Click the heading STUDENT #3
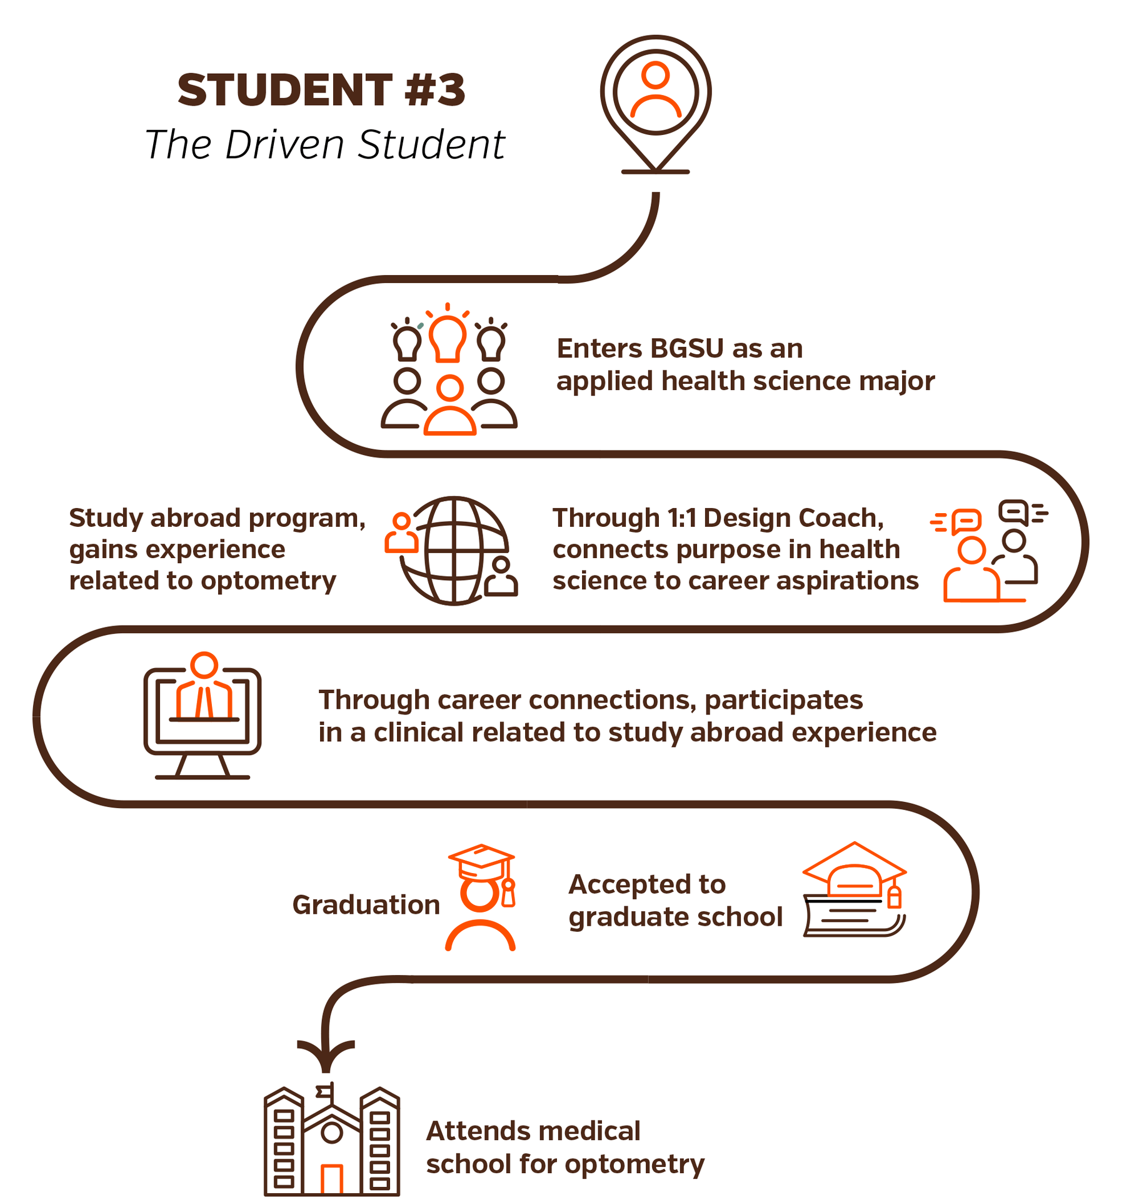321,90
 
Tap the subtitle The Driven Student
324,145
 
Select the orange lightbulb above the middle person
447,338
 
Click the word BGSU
688,349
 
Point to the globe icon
454,551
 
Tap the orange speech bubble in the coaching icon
966,521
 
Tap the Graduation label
366,904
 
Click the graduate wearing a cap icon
481,897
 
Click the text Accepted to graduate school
675,901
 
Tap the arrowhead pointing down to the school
326,1056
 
